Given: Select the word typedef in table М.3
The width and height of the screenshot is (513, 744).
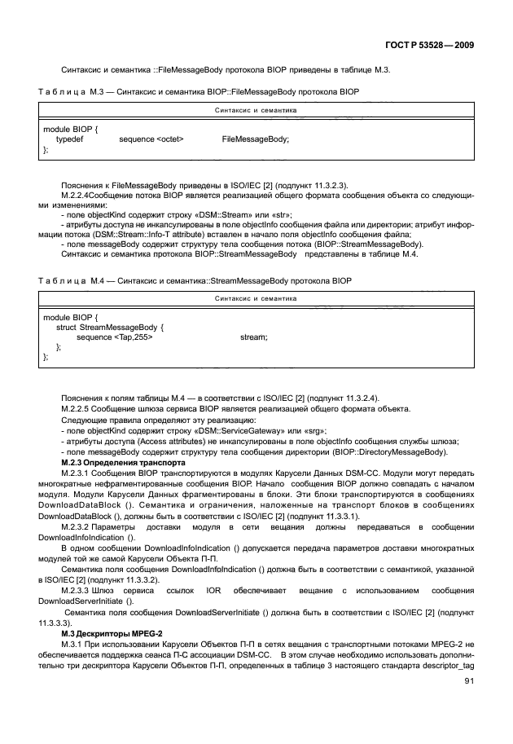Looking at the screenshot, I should (70, 139).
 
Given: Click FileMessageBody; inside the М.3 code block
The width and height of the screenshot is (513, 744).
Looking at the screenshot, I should (255, 139).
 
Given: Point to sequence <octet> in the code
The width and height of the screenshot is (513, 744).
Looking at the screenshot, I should (151, 139).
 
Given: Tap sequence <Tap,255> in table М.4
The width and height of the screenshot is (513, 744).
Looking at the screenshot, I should (115, 336).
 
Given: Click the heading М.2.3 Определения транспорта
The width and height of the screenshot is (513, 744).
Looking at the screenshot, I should (112, 460).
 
